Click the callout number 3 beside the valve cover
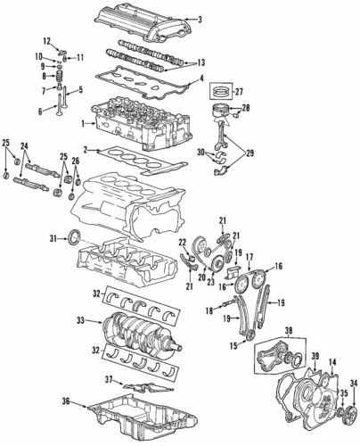click(x=200, y=20)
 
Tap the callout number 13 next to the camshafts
click(x=200, y=62)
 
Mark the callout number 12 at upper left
click(x=45, y=41)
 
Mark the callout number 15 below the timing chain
click(x=234, y=345)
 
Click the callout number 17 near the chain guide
click(x=250, y=257)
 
